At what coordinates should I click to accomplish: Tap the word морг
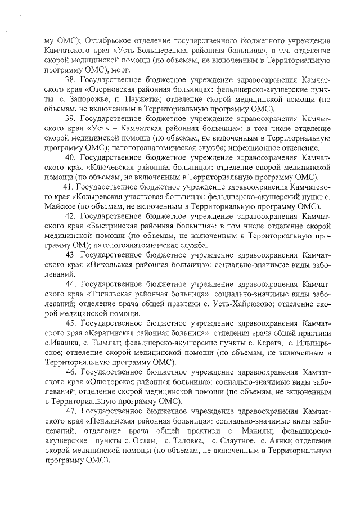click(x=120, y=70)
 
